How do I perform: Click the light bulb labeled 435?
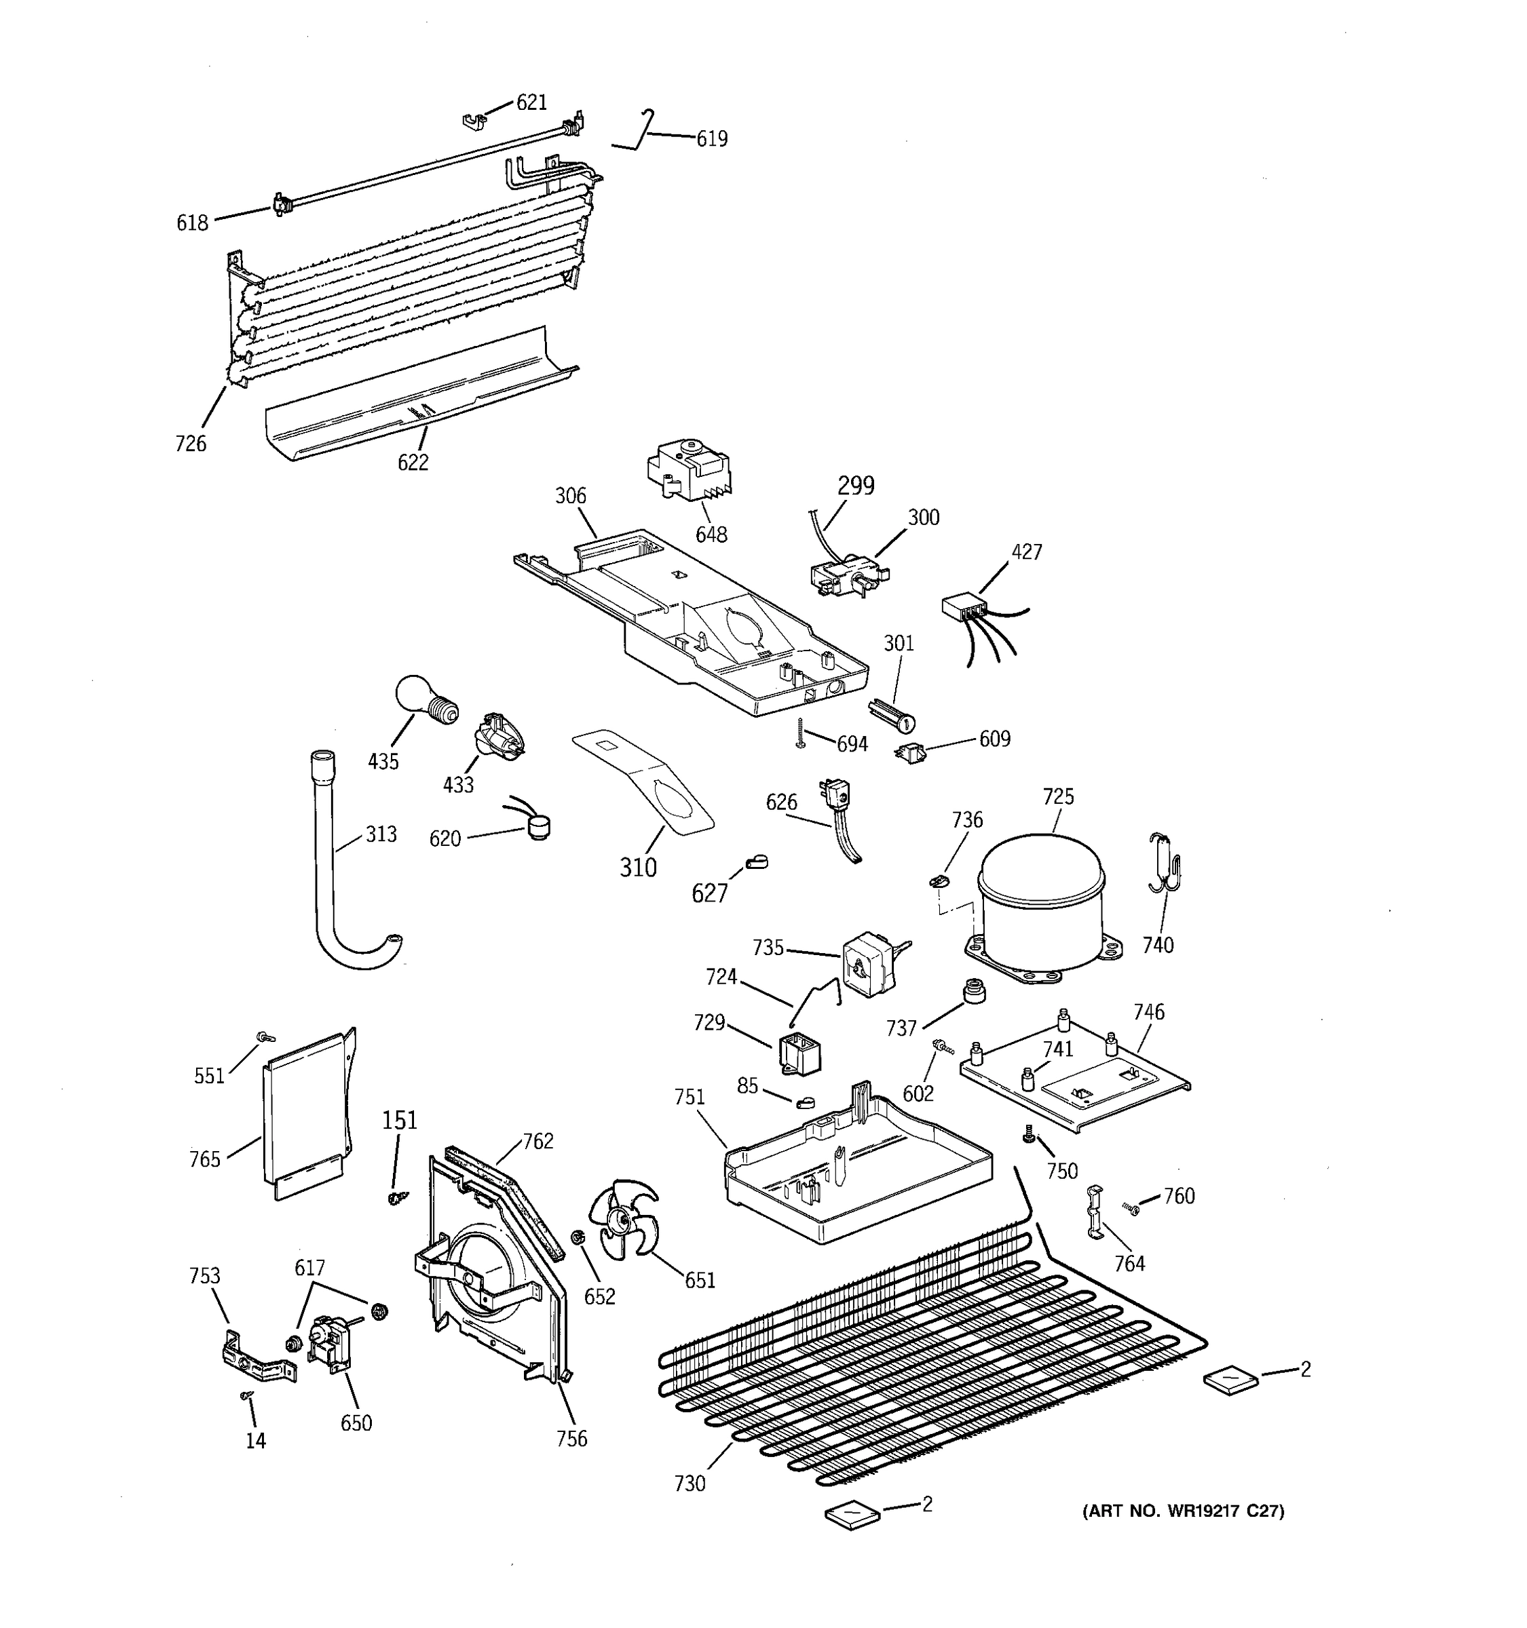pyautogui.click(x=424, y=700)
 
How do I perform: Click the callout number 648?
pyautogui.click(x=711, y=535)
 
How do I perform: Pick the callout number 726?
pyautogui.click(x=190, y=444)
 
